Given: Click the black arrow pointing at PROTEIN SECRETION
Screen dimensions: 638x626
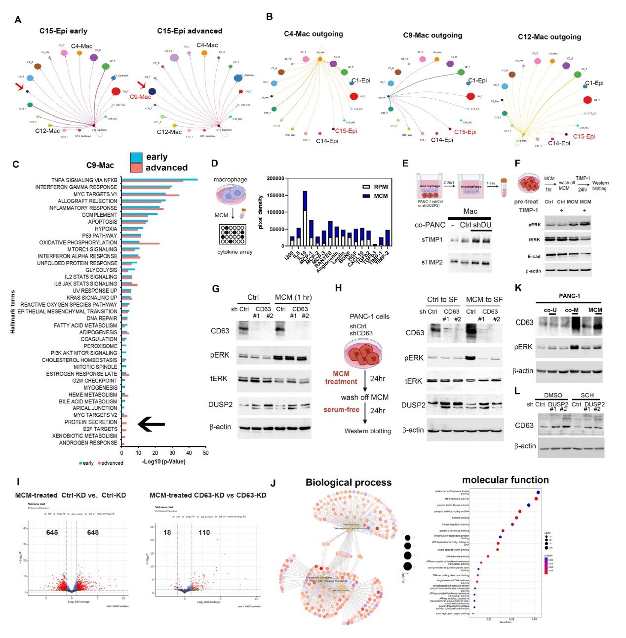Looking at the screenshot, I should pos(151,424).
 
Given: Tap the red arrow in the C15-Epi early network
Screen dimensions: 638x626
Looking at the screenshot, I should pos(19,87).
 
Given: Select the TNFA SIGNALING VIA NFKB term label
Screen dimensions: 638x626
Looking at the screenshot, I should pos(84,180).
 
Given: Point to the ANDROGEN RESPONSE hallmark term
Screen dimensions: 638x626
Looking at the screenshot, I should pos(88,443).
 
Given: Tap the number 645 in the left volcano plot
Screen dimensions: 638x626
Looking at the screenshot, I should pos(52,532).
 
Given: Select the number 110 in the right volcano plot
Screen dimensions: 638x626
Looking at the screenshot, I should pos(204,532).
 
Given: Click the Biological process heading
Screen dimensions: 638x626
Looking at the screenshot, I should pos(348,482).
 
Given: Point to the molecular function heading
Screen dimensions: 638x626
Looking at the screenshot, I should pos(505,480).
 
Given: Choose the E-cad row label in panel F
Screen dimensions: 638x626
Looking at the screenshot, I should pos(533,256).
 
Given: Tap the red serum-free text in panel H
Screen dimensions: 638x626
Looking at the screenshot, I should pos(341,410).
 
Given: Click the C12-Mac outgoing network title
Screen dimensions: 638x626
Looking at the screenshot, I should pos(549,37).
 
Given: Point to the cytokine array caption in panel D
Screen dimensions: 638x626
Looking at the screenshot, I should pos(235,252).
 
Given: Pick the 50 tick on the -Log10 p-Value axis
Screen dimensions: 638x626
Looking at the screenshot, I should pos(205,453).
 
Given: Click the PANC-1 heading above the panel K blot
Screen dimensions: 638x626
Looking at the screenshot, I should pos(569,296).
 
